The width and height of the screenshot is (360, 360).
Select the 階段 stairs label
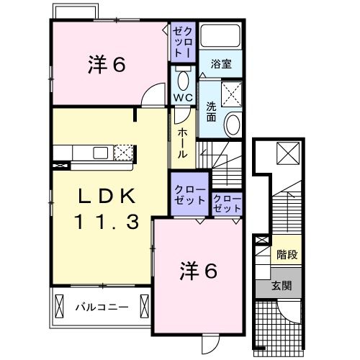[287, 254]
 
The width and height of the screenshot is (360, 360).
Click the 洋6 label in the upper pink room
[107, 64]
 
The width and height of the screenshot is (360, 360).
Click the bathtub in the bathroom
[221, 37]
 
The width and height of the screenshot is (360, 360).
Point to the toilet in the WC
[182, 79]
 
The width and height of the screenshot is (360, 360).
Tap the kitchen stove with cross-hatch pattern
[125, 153]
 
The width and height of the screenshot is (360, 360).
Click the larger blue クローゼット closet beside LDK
[189, 194]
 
